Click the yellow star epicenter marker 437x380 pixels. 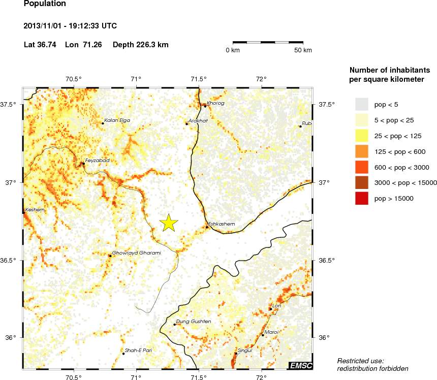tap(169, 223)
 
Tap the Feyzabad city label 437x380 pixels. tap(97, 161)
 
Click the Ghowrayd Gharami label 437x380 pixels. tap(136, 253)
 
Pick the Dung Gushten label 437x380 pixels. tap(193, 322)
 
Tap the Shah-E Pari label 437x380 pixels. tap(138, 351)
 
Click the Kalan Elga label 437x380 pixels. tap(117, 120)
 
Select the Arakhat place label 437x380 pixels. tap(198, 121)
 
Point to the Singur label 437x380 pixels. tap(245, 351)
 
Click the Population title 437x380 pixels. tap(45, 4)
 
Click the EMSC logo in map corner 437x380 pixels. tap(301, 366)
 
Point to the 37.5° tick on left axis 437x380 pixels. tap(11, 104)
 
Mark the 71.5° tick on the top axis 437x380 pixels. tap(198, 79)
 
